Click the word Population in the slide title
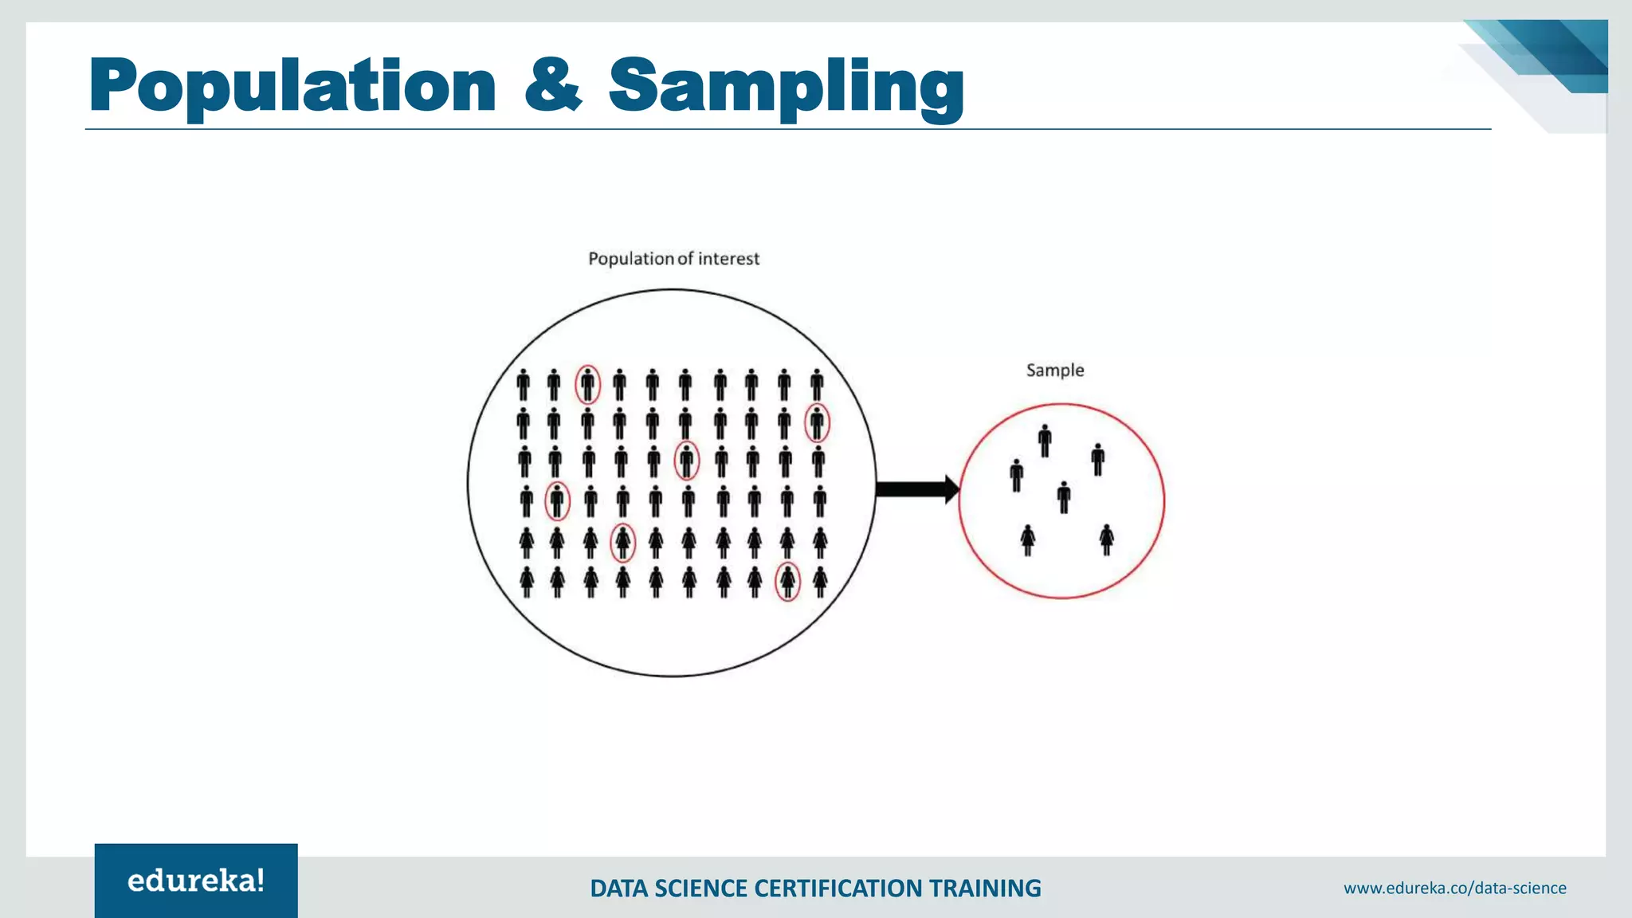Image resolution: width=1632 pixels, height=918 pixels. click(292, 86)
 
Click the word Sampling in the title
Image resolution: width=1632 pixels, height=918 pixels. click(787, 86)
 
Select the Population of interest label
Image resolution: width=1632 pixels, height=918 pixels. click(673, 259)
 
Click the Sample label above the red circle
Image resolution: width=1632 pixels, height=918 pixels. click(1054, 371)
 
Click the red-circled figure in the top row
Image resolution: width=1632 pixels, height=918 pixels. click(588, 385)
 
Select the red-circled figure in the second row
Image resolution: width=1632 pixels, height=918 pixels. click(817, 423)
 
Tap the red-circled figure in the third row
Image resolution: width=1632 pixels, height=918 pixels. click(686, 461)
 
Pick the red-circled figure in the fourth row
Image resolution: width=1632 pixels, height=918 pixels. click(557, 501)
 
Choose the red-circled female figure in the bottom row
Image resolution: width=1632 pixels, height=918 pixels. click(787, 581)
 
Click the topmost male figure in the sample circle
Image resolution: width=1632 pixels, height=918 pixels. click(1045, 441)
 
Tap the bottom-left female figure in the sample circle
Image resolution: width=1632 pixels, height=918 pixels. click(1028, 540)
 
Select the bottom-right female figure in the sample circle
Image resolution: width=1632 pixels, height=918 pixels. click(1106, 539)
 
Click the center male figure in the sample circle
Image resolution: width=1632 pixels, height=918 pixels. click(1064, 497)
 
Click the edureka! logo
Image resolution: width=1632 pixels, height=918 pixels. click(196, 881)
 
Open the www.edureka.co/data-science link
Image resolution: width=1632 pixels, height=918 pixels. click(1454, 888)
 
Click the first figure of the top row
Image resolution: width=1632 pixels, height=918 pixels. click(523, 385)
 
